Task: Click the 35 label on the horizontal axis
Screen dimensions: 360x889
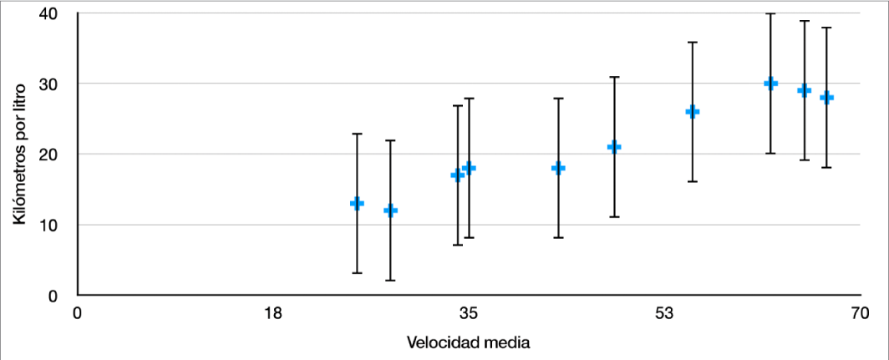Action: point(469,314)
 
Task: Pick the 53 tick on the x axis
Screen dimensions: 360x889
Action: point(664,314)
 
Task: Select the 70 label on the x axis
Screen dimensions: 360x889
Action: point(860,314)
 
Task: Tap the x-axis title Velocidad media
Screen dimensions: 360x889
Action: point(469,342)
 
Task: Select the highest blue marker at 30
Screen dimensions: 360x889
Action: point(770,84)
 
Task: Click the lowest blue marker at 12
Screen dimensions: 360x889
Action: point(390,210)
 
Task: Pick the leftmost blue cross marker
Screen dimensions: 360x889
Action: point(357,203)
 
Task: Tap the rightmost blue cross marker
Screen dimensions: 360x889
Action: point(826,98)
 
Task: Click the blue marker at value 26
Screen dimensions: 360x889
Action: point(692,112)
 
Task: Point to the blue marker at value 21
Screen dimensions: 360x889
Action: point(614,147)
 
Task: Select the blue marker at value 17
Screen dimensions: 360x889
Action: point(457,175)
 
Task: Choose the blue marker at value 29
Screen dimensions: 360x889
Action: point(804,90)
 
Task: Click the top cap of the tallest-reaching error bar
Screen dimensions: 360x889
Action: point(770,14)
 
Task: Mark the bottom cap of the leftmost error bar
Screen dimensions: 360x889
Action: point(357,273)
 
